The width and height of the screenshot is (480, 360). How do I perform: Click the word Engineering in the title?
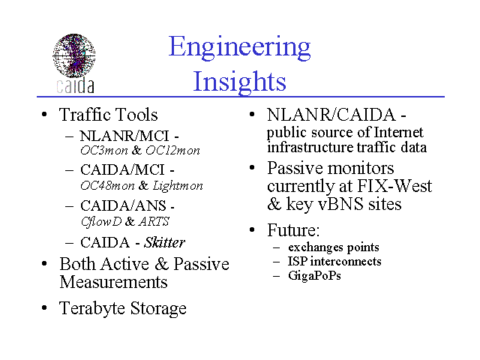pyautogui.click(x=240, y=47)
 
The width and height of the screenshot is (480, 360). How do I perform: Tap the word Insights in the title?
pyautogui.click(x=239, y=82)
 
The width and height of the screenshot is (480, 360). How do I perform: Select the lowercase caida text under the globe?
pyautogui.click(x=75, y=85)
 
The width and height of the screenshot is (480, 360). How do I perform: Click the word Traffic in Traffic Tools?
pyautogui.click(x=89, y=115)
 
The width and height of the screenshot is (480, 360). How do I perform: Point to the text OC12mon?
pyautogui.click(x=172, y=150)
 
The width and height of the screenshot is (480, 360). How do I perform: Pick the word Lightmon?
pyautogui.click(x=178, y=185)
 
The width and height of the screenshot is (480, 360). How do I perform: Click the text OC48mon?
pyautogui.click(x=107, y=185)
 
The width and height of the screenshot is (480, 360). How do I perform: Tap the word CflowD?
pyautogui.click(x=101, y=222)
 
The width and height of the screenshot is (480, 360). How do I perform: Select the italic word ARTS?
pyautogui.click(x=154, y=221)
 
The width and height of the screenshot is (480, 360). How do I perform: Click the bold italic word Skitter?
pyautogui.click(x=165, y=242)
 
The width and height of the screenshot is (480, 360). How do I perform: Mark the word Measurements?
pyautogui.click(x=113, y=282)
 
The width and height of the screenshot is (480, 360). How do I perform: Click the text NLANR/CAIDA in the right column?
pyautogui.click(x=331, y=115)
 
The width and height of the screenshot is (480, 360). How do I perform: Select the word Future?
pyautogui.click(x=293, y=230)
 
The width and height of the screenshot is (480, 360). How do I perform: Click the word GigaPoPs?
pyautogui.click(x=314, y=275)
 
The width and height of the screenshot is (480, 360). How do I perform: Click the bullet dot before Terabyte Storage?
pyautogui.click(x=44, y=307)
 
